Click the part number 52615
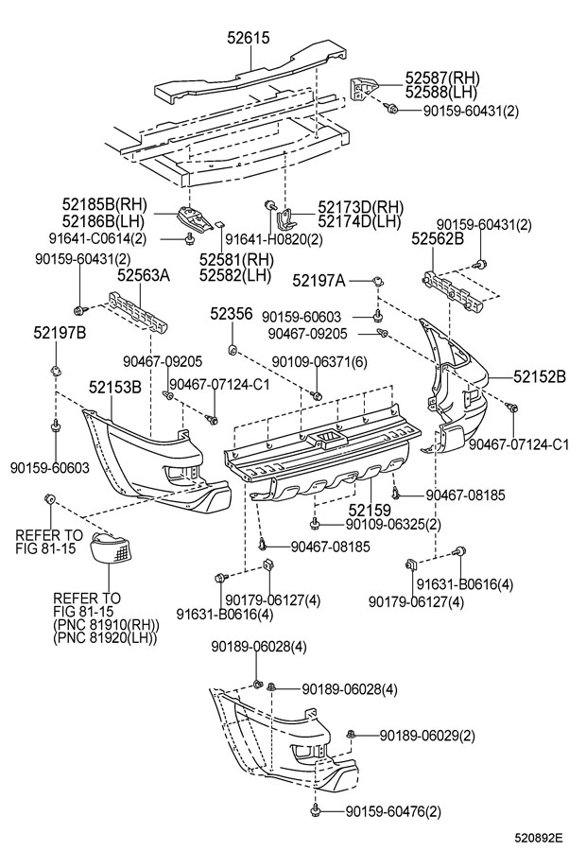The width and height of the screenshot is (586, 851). pyautogui.click(x=248, y=38)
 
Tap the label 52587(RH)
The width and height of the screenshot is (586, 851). pyautogui.click(x=442, y=78)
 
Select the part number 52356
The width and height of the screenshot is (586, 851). pyautogui.click(x=232, y=314)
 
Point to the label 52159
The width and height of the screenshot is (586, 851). pyautogui.click(x=370, y=511)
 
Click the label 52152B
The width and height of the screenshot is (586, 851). pyautogui.click(x=540, y=376)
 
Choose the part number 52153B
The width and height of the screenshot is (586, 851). pyautogui.click(x=115, y=387)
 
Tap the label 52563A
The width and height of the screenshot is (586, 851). pyautogui.click(x=144, y=276)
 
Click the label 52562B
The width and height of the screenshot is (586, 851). pyautogui.click(x=438, y=238)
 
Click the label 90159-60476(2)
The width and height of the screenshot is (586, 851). pyautogui.click(x=393, y=811)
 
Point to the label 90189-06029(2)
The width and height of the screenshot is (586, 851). pyautogui.click(x=427, y=736)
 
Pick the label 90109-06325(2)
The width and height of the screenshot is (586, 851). pyautogui.click(x=393, y=524)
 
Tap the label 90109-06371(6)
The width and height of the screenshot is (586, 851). pyautogui.click(x=319, y=361)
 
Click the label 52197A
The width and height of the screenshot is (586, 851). pyautogui.click(x=319, y=280)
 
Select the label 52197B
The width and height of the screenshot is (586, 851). pyautogui.click(x=60, y=332)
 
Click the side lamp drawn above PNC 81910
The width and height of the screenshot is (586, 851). pyautogui.click(x=111, y=548)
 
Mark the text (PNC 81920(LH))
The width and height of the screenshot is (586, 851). pyautogui.click(x=105, y=637)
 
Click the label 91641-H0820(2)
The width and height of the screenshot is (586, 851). pyautogui.click(x=274, y=239)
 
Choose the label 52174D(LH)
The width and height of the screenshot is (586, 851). pyautogui.click(x=359, y=221)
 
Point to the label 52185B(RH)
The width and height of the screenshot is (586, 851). pyautogui.click(x=105, y=204)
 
